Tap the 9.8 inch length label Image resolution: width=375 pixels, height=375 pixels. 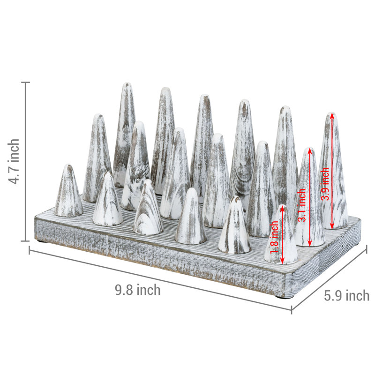tap(138, 290)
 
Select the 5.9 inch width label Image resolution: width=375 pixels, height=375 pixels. tap(347, 296)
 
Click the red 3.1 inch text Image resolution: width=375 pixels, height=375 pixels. tap(302, 205)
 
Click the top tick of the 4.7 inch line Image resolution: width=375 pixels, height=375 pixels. tap(26, 82)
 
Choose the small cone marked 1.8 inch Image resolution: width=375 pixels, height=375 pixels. tap(282, 234)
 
